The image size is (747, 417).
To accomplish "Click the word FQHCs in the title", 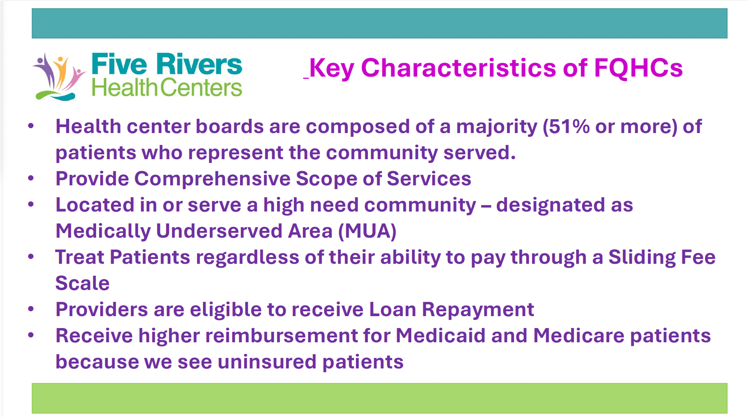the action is pos(638,68).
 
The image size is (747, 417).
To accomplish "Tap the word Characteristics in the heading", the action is pos(458,68).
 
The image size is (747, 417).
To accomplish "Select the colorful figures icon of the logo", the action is pos(59,77).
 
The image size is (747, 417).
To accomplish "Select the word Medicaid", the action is pos(440,335).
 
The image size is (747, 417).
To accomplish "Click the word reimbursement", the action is pos(281,335).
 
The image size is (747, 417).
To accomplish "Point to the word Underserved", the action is pos(219,231).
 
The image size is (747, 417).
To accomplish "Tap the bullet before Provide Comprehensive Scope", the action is pos(31,178).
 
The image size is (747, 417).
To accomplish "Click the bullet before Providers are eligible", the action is pos(31,309).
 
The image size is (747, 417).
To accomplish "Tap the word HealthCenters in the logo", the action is pos(167,88).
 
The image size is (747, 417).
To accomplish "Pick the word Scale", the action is pos(82,283).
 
